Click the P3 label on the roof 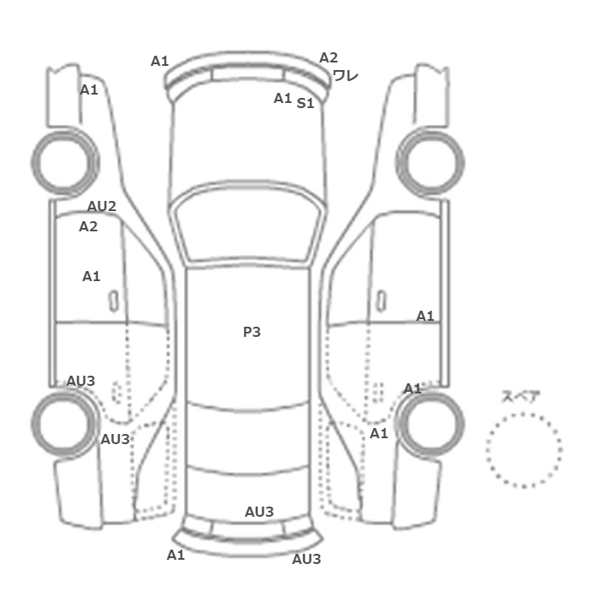point(252,332)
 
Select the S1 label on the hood point(306,103)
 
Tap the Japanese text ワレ point(345,76)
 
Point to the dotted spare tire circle point(524,414)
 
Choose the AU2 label point(102,206)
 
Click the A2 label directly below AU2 point(88,226)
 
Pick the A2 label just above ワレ point(328,57)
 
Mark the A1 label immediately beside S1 point(282,99)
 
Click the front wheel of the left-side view point(35,163)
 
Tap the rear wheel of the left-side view point(35,424)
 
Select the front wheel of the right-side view point(461,163)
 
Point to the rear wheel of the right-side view point(461,424)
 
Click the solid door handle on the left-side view point(113,301)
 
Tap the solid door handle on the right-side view point(382,301)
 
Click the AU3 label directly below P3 point(259,512)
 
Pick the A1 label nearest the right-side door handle point(425,316)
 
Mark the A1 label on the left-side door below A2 point(91,276)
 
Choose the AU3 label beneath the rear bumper point(306,559)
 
